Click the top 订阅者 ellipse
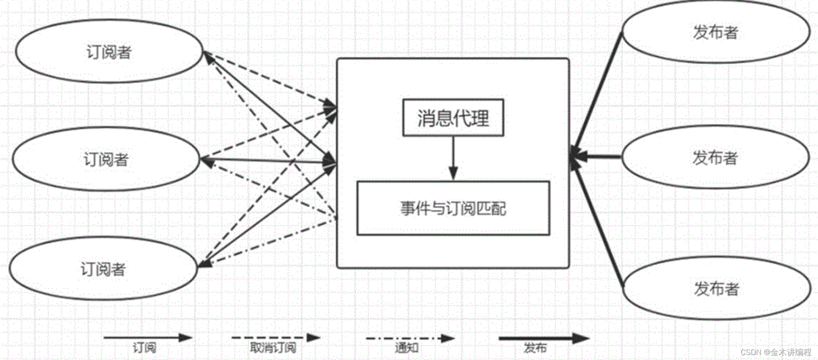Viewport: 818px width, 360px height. (x=109, y=51)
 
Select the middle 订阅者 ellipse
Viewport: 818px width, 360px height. (x=106, y=159)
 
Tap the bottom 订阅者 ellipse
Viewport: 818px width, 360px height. (x=103, y=269)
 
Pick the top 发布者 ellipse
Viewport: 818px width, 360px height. (x=715, y=32)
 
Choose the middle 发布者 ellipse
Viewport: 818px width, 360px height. (x=715, y=158)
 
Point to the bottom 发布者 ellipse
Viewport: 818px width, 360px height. (x=716, y=288)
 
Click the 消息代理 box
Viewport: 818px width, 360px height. (x=453, y=118)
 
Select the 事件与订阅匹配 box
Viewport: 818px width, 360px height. (x=453, y=208)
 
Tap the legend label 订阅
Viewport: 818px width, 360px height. (x=144, y=347)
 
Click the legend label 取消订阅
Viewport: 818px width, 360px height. (x=273, y=347)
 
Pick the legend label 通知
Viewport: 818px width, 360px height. (x=407, y=347)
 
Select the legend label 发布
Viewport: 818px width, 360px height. (x=535, y=347)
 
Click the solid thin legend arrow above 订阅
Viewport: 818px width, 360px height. (x=147, y=338)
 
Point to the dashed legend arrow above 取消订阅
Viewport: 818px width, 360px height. (x=275, y=338)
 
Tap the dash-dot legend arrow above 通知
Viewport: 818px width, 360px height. (x=410, y=338)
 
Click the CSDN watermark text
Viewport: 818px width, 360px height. (x=776, y=352)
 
